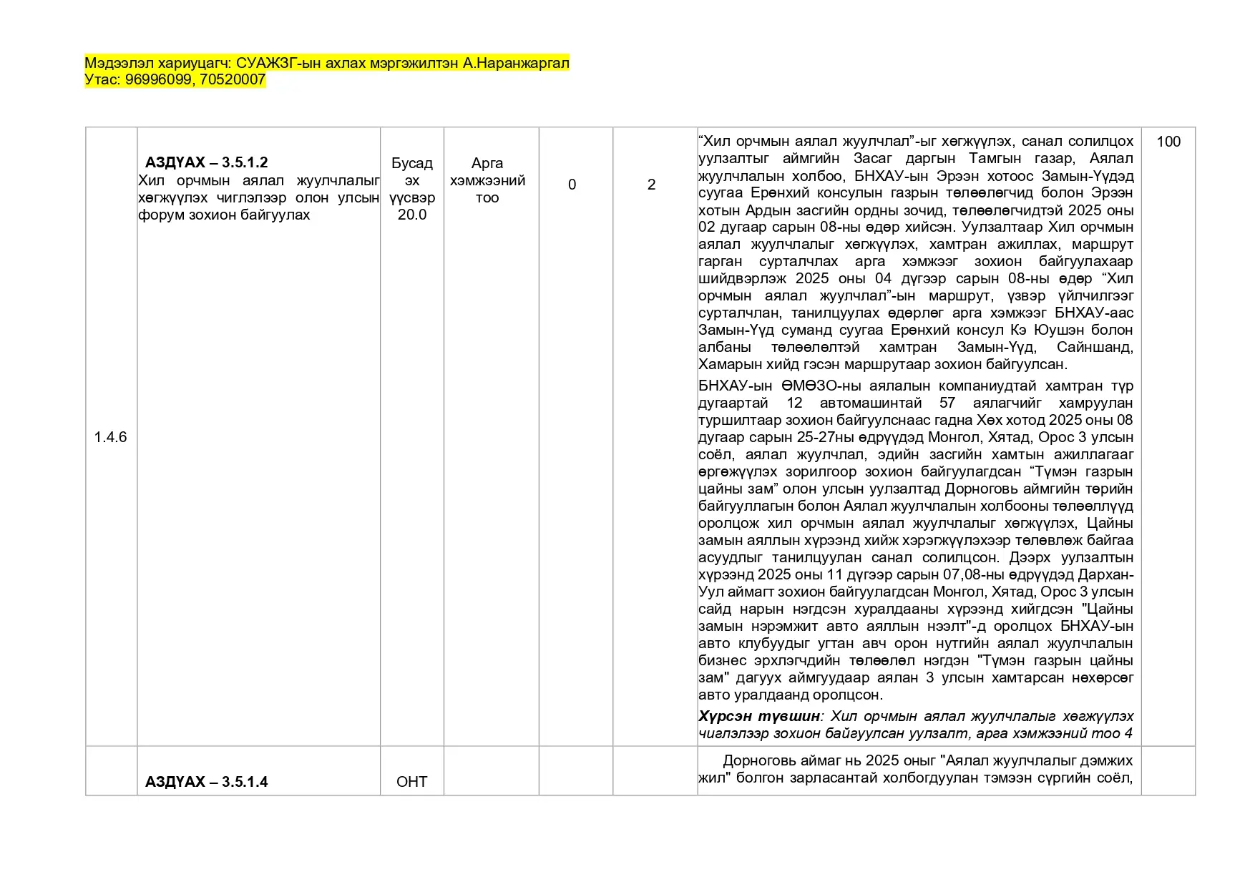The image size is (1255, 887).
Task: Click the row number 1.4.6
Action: pyautogui.click(x=110, y=437)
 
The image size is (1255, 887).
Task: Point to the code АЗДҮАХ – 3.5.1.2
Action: pyautogui.click(x=206, y=162)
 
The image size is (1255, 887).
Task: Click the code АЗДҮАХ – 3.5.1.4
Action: pyautogui.click(x=206, y=782)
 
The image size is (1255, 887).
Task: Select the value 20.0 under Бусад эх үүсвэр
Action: pyautogui.click(x=411, y=215)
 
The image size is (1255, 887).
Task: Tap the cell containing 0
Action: pyautogui.click(x=572, y=185)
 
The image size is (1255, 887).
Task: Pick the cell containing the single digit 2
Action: pyautogui.click(x=651, y=185)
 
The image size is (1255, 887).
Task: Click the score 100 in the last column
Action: pyautogui.click(x=1168, y=142)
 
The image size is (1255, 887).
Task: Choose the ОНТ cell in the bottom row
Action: pyautogui.click(x=411, y=782)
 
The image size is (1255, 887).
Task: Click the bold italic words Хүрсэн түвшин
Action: pyautogui.click(x=758, y=716)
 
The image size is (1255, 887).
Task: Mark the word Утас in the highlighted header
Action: pyautogui.click(x=100, y=79)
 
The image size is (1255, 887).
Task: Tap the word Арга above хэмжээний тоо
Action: pyautogui.click(x=487, y=163)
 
